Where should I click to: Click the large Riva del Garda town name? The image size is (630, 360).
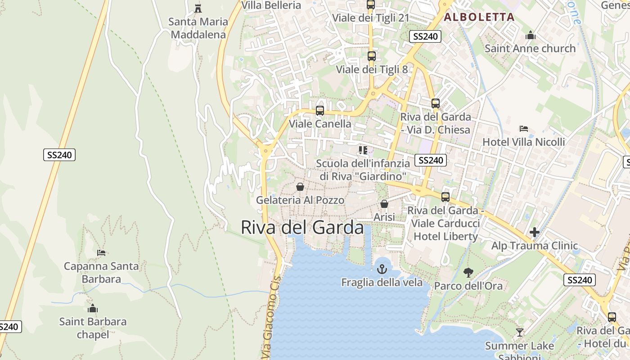[x=302, y=227]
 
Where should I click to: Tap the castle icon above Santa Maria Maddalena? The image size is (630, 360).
[x=198, y=8]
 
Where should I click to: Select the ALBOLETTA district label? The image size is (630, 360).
[x=479, y=17]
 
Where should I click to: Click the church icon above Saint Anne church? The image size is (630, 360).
[x=531, y=35]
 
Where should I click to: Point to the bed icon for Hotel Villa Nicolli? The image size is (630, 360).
[x=523, y=129]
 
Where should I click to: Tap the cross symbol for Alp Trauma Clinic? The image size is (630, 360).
[x=535, y=232]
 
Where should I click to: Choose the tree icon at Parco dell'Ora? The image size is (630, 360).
[x=468, y=272]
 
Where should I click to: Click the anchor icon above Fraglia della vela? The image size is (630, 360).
[x=382, y=269]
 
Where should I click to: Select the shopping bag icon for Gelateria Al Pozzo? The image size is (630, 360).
[x=300, y=187]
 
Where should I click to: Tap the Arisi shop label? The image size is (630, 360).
[x=384, y=217]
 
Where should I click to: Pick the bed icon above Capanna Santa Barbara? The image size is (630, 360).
[x=101, y=253]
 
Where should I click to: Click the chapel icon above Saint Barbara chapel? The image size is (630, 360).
[x=93, y=309]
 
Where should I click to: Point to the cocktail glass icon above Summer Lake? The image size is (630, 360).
[x=520, y=333]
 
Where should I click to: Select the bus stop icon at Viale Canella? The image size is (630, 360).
[x=320, y=110]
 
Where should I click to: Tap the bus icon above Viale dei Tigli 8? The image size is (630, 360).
[x=371, y=56]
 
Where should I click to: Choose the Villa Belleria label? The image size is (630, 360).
[x=271, y=5]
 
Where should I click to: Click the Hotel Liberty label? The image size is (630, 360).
[x=445, y=236]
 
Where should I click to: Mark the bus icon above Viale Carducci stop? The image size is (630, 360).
[x=445, y=197]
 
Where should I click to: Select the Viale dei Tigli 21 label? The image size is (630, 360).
[x=370, y=18]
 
